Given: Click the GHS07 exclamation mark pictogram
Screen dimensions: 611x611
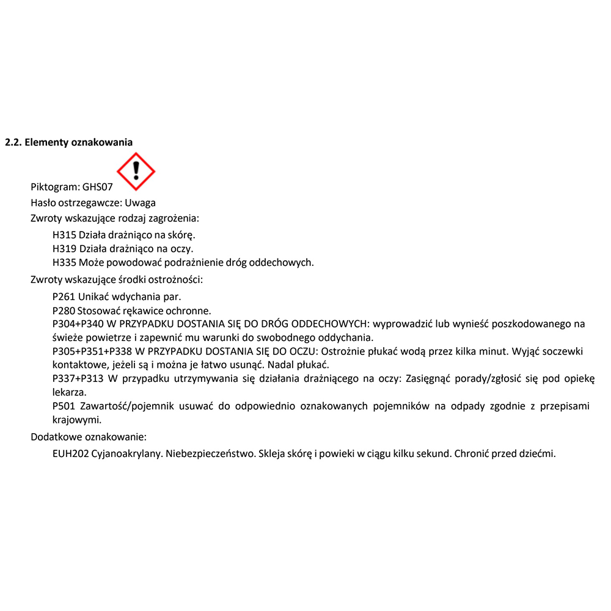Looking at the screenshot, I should coord(136,171).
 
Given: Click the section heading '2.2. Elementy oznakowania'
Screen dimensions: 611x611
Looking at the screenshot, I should coord(68,142).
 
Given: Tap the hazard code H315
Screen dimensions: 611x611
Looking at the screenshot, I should coord(64,235).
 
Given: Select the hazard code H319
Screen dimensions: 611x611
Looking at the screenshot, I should coord(64,249).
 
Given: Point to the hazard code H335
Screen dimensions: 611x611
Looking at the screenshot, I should coord(64,263).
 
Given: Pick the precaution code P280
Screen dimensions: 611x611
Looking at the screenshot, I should coord(64,310).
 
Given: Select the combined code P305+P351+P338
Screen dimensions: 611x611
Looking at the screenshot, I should coord(92,351).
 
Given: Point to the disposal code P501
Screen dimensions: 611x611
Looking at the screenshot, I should coord(64,406).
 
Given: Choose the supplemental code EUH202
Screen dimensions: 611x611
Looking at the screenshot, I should coord(68,454).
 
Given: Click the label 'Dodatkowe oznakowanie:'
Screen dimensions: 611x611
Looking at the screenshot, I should coord(89,437).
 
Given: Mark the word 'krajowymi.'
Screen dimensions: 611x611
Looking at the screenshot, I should coord(76,420).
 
